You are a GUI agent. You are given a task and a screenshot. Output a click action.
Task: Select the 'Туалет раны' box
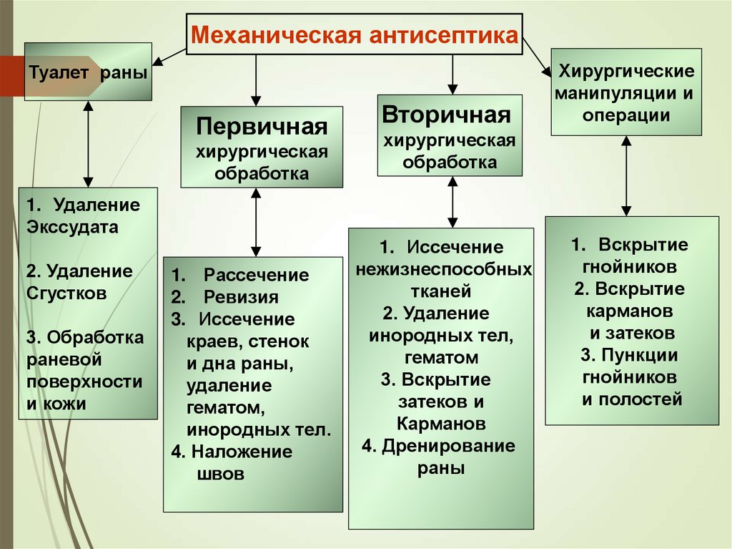89,72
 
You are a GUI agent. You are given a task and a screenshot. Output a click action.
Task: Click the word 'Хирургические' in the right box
626,72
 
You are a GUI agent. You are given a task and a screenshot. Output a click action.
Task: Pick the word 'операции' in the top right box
626,115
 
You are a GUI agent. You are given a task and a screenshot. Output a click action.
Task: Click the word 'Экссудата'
73,227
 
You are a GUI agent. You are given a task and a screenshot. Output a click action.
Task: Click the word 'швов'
219,474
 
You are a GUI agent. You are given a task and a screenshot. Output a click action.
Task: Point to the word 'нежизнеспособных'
443,269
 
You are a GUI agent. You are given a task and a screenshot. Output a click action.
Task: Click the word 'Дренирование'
448,447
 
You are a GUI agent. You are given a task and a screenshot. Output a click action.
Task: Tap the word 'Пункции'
639,356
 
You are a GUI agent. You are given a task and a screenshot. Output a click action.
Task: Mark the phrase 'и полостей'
632,399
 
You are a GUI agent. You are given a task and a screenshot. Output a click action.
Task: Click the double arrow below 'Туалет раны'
88,143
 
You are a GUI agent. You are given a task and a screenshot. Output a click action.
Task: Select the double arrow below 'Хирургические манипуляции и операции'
626,175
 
